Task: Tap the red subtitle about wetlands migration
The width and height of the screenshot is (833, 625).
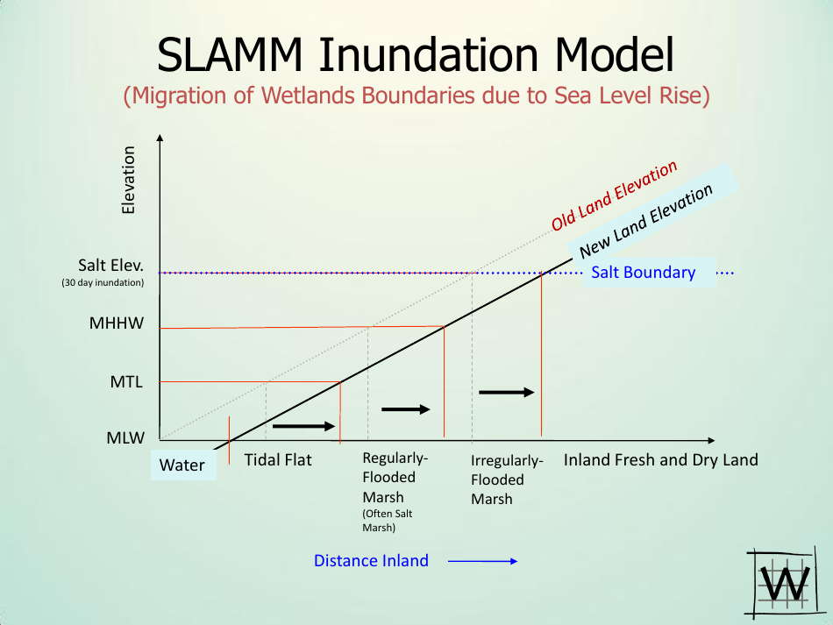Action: (416, 96)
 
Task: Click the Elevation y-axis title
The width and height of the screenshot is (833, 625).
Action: (129, 180)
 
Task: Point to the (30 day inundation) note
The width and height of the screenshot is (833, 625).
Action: (103, 283)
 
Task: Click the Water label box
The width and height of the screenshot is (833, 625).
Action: (182, 465)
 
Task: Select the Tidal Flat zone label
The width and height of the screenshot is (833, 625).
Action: (278, 460)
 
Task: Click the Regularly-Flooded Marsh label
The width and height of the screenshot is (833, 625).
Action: (395, 478)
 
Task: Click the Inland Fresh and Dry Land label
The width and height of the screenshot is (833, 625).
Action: (660, 460)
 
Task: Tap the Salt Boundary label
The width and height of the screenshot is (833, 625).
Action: (643, 273)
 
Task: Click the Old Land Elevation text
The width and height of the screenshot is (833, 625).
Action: (615, 196)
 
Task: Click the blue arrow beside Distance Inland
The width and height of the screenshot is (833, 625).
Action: (483, 561)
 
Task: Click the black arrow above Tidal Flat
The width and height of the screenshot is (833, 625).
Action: (304, 426)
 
